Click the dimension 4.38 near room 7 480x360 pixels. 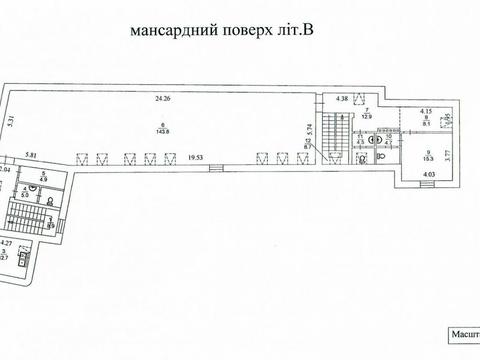point(342,99)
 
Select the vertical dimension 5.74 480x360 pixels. point(319,129)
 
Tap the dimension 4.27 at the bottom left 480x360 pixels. point(7,243)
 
